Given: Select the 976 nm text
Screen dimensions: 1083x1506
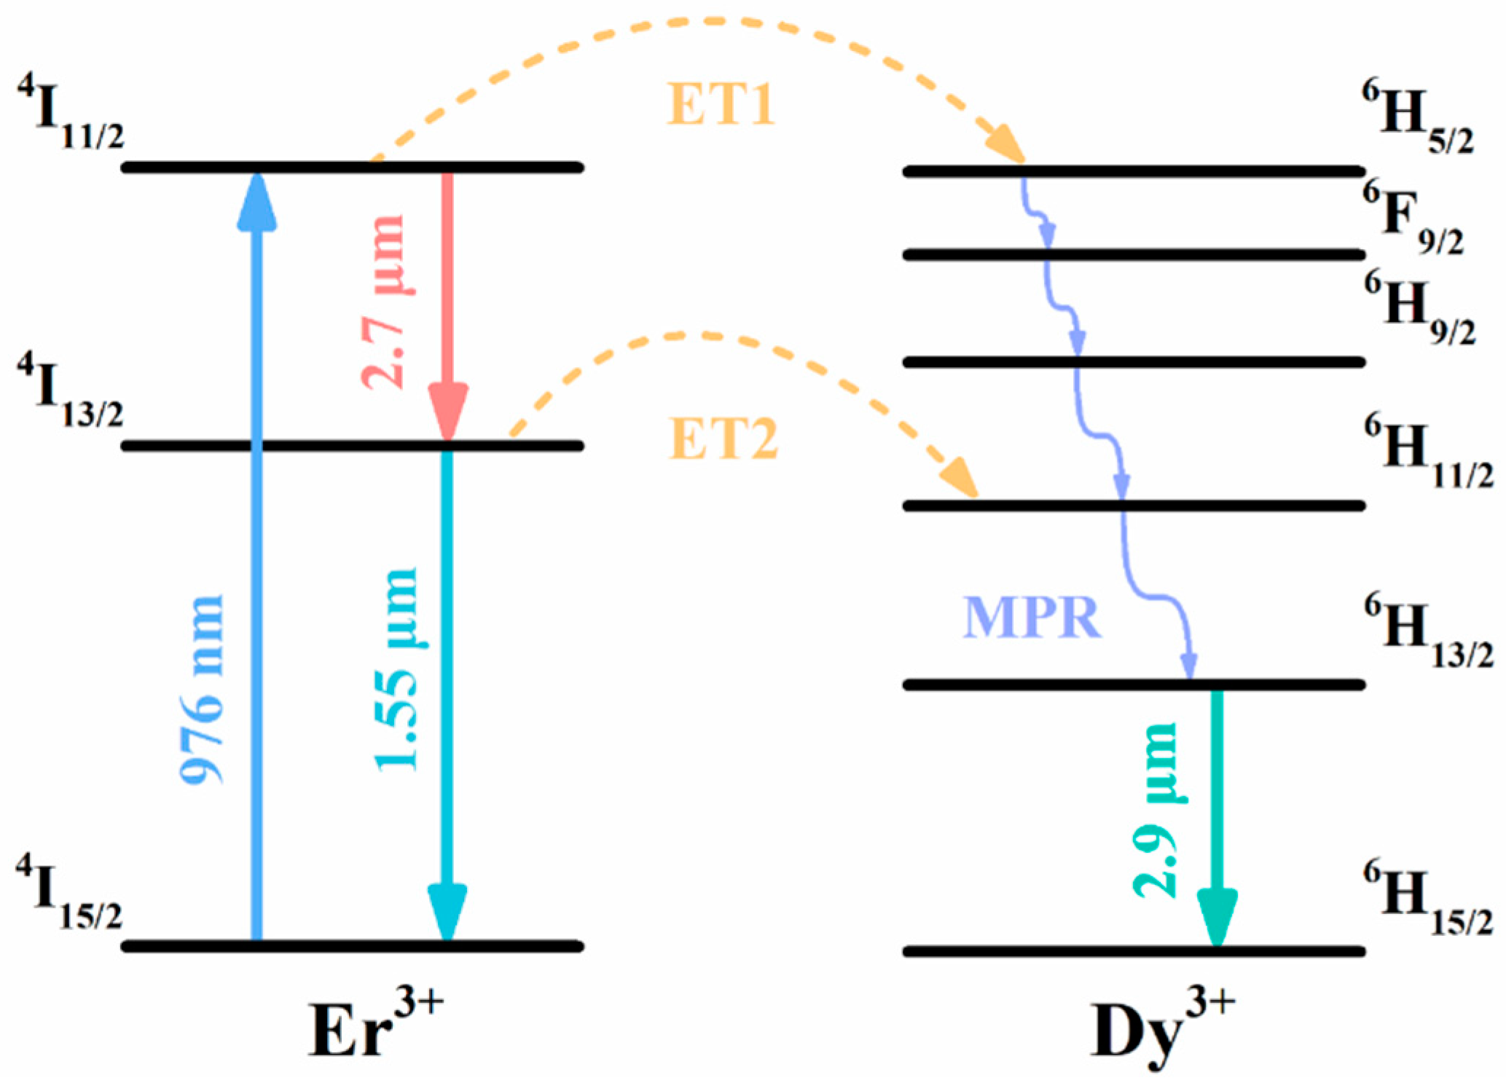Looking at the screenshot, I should click(x=202, y=688).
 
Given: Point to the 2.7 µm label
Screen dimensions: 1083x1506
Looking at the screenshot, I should click(x=383, y=302).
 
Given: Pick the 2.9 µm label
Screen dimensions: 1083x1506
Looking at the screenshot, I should click(x=1156, y=810).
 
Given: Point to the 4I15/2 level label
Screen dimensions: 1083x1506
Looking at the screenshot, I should click(x=70, y=892).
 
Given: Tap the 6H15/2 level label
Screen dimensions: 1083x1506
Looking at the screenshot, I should click(x=1427, y=897).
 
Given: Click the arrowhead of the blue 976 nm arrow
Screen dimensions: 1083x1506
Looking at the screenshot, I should click(x=256, y=200).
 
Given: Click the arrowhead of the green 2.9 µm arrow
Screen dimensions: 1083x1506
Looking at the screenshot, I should click(x=1217, y=918).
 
